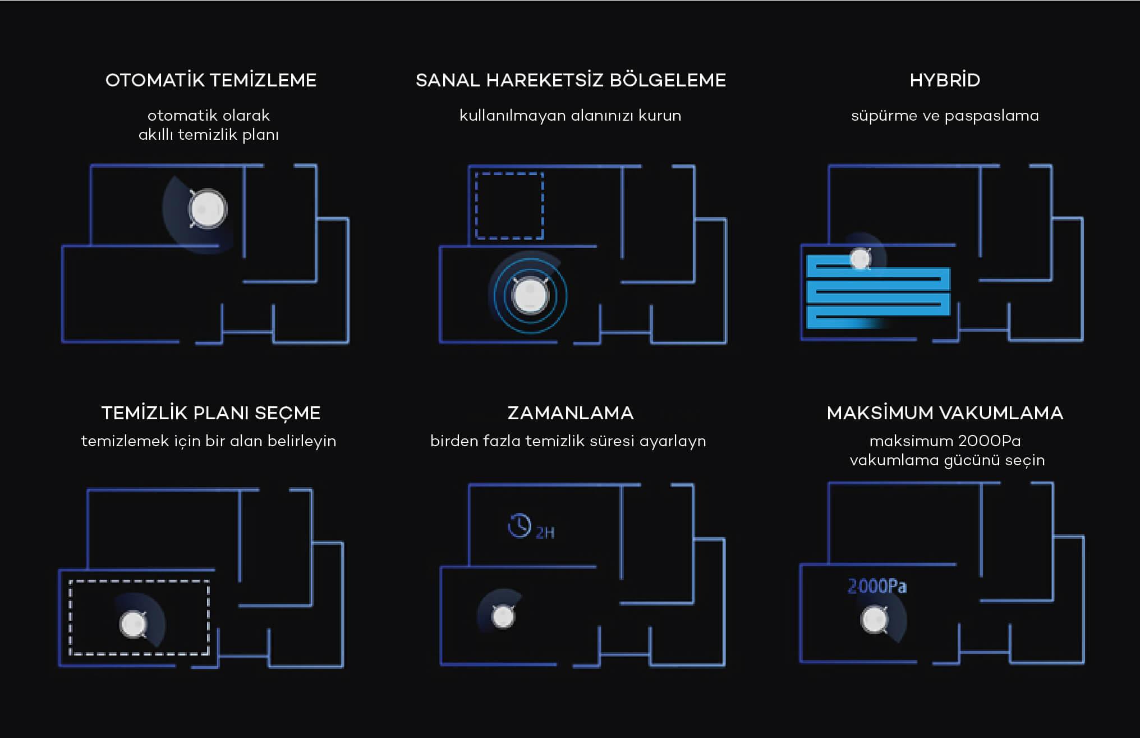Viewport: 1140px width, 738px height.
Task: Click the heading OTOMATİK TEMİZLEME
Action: (x=211, y=80)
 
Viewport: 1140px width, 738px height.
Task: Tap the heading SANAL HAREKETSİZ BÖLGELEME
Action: (x=571, y=80)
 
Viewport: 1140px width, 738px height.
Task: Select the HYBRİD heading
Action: (x=945, y=80)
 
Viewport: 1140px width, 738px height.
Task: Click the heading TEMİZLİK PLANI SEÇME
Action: (x=211, y=412)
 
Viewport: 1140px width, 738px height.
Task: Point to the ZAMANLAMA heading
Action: (x=571, y=412)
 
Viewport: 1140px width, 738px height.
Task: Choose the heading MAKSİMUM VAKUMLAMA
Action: (x=945, y=412)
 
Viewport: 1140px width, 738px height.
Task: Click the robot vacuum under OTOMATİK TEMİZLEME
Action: (x=208, y=209)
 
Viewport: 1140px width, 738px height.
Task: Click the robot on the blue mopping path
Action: (x=861, y=259)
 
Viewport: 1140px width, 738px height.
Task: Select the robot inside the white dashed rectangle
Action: (x=134, y=624)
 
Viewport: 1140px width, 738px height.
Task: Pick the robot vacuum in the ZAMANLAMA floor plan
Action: (x=503, y=617)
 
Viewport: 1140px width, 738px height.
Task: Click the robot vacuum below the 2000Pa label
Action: (x=874, y=620)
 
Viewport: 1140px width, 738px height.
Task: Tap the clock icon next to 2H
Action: (x=520, y=526)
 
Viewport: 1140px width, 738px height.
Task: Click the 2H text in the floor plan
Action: (x=545, y=533)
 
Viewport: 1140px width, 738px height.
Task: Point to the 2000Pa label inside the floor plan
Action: (x=877, y=586)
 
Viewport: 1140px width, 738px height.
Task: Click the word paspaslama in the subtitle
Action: (x=991, y=116)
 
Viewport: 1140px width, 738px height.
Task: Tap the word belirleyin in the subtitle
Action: (x=302, y=442)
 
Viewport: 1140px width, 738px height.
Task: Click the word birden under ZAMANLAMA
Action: (x=454, y=441)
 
